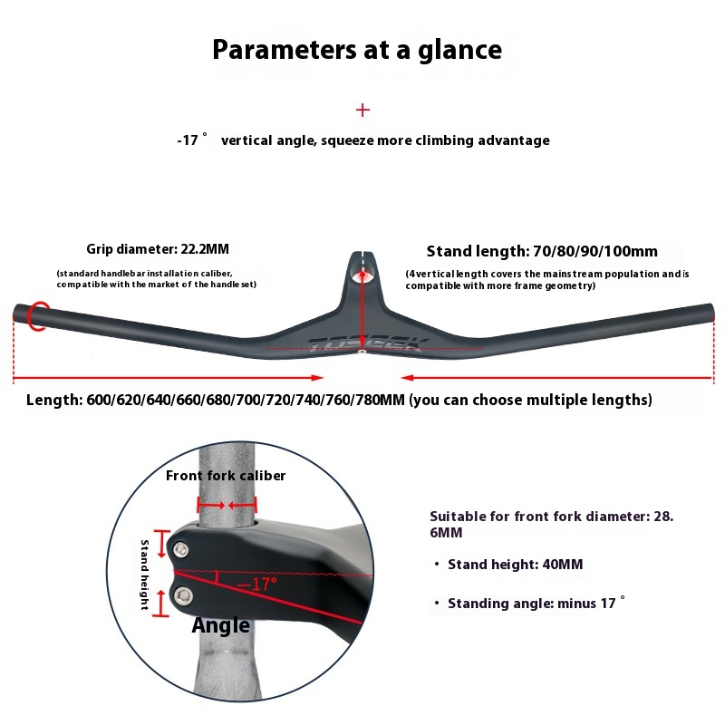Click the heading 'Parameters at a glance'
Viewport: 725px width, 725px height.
pyautogui.click(x=357, y=50)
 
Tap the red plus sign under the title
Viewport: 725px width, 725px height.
pyautogui.click(x=363, y=110)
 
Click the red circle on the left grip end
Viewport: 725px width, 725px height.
pyautogui.click(x=37, y=315)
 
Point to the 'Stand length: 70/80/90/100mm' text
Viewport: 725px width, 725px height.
pyautogui.click(x=542, y=251)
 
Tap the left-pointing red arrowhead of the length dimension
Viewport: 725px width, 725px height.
pyautogui.click(x=408, y=378)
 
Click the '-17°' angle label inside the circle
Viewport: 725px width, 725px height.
pyautogui.click(x=257, y=585)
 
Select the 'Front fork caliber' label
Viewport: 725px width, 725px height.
pyautogui.click(x=226, y=476)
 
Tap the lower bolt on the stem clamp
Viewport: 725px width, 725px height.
pyautogui.click(x=185, y=594)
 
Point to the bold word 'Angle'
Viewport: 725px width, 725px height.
pyautogui.click(x=221, y=625)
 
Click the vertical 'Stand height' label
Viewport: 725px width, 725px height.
pyautogui.click(x=144, y=575)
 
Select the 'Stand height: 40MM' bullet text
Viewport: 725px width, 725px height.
pyautogui.click(x=515, y=565)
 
